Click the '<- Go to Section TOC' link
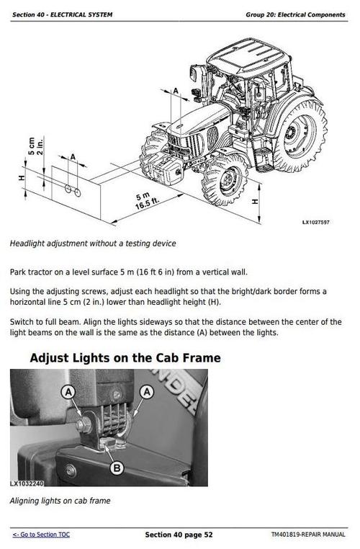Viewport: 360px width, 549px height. click(x=41, y=535)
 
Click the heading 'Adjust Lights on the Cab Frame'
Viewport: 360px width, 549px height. click(x=125, y=358)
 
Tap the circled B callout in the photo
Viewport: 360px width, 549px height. click(x=117, y=468)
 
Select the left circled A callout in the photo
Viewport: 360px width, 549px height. click(x=68, y=392)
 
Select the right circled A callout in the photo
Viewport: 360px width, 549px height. click(x=147, y=391)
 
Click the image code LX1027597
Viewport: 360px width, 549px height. click(x=316, y=223)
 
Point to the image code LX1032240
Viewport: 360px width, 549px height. click(x=27, y=483)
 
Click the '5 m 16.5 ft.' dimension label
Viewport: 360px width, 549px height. click(x=146, y=201)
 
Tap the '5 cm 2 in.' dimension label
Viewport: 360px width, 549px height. click(x=35, y=146)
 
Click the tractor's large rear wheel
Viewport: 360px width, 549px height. click(x=300, y=135)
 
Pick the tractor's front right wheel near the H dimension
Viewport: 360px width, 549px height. click(x=225, y=181)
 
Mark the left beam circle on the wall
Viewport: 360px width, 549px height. click(x=68, y=189)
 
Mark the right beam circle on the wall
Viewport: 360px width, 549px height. click(x=78, y=192)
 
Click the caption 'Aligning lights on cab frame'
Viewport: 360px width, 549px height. click(x=60, y=501)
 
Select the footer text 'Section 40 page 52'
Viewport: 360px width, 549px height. click(x=179, y=535)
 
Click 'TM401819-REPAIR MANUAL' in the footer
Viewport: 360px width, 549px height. click(x=308, y=535)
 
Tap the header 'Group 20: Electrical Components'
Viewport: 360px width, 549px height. click(x=295, y=14)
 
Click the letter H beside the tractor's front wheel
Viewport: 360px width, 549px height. click(x=255, y=202)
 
